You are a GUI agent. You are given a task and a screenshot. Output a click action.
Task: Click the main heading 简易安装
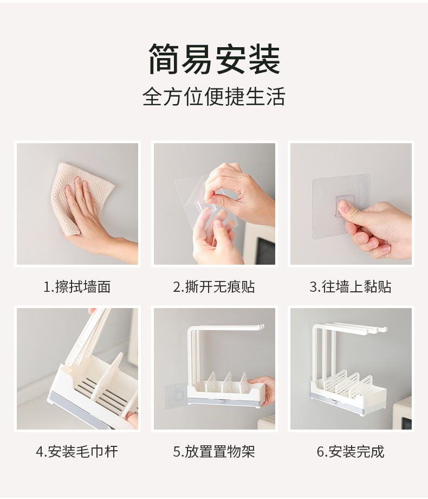coord(214,60)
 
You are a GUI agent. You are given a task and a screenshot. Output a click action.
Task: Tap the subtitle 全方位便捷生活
coord(213,96)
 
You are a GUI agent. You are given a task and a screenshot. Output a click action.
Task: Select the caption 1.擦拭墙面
coord(77,286)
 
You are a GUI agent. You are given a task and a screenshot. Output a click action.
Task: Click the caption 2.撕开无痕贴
coord(214,286)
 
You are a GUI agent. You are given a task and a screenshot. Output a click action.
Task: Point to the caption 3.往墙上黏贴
coord(351,286)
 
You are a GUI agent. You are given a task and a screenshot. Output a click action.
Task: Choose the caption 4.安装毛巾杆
coord(77,452)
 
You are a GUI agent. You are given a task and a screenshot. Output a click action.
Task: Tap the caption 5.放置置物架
coord(214,452)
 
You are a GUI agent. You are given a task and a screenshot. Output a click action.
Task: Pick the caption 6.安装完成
coord(351,452)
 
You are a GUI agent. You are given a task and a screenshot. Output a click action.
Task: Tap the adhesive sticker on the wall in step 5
coord(175,395)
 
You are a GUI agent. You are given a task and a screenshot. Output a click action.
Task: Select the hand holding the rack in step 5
coord(262,390)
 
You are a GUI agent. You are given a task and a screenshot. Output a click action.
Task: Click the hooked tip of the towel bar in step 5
coord(262,327)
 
